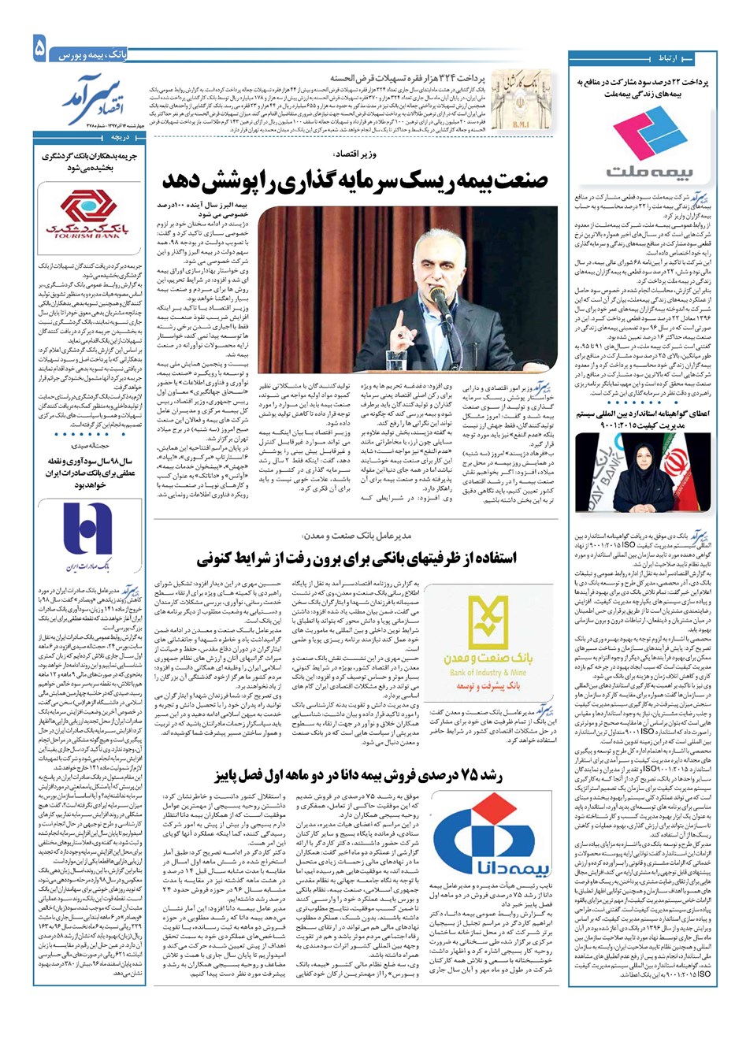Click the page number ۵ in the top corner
click(39, 50)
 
